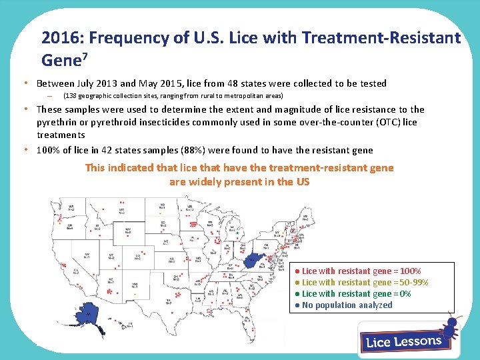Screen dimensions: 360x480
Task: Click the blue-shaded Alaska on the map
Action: pyautogui.click(x=89, y=317)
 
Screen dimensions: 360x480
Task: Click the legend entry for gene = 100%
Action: pyautogui.click(x=361, y=271)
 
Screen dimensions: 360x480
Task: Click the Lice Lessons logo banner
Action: pyautogui.click(x=403, y=341)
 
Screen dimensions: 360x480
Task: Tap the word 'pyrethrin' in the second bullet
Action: pyautogui.click(x=57, y=122)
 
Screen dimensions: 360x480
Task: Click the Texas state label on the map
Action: pyautogui.click(x=169, y=301)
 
